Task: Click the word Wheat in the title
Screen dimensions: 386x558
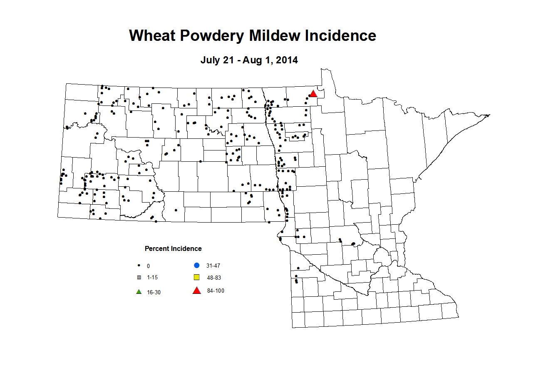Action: pyautogui.click(x=152, y=36)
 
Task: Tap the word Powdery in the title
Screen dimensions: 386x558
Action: pyautogui.click(x=212, y=36)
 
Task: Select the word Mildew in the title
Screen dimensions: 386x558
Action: pyautogui.click(x=275, y=36)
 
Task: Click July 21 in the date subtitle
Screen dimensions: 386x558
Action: pyautogui.click(x=217, y=60)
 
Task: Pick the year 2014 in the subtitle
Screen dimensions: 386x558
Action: pyautogui.click(x=287, y=60)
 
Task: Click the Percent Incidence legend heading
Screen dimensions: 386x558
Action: pyautogui.click(x=173, y=249)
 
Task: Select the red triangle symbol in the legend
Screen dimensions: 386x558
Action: pyautogui.click(x=197, y=291)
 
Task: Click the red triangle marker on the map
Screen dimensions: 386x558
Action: pyautogui.click(x=313, y=94)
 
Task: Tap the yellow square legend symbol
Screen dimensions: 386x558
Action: pyautogui.click(x=197, y=278)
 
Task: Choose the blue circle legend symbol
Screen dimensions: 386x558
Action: pyautogui.click(x=197, y=266)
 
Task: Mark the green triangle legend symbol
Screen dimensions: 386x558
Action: pyautogui.click(x=139, y=292)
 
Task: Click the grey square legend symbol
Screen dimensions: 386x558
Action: pyautogui.click(x=139, y=278)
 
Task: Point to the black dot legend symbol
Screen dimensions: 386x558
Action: pyautogui.click(x=139, y=266)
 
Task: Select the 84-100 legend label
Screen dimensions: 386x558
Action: pyautogui.click(x=216, y=291)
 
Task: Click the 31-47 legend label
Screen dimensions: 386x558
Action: pyautogui.click(x=213, y=266)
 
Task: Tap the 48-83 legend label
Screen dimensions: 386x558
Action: pyautogui.click(x=214, y=278)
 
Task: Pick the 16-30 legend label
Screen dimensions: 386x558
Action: pyautogui.click(x=154, y=293)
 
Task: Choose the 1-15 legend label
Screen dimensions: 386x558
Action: pyautogui.click(x=152, y=278)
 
